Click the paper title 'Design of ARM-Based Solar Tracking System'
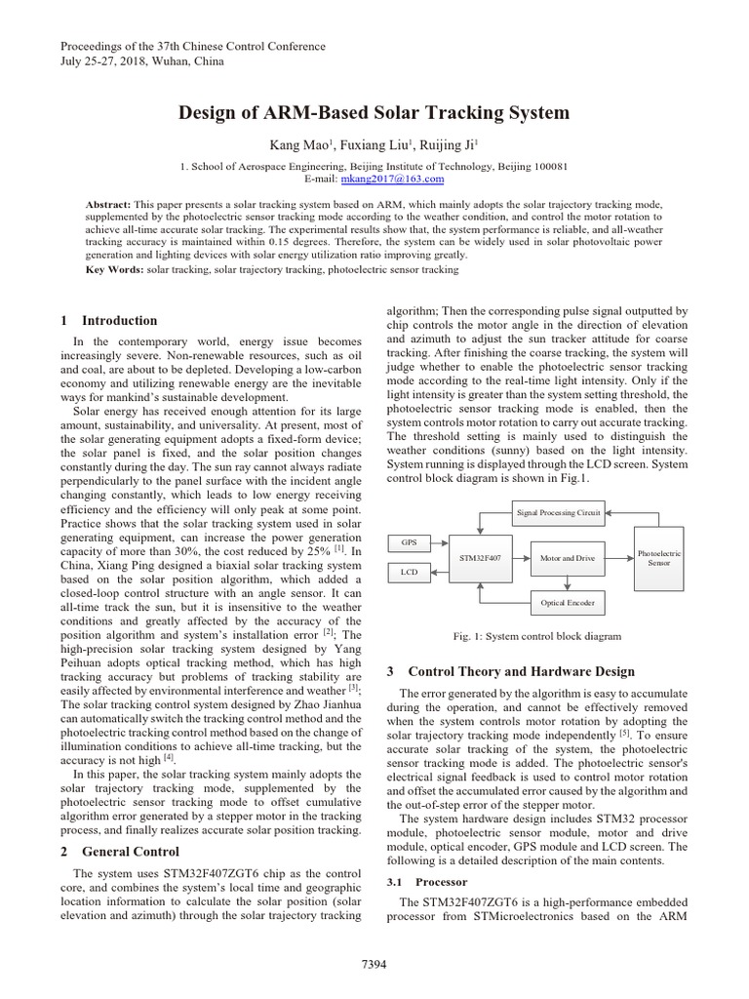coord(374,113)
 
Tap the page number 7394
coord(374,965)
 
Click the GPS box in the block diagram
coord(409,541)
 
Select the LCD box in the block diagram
coord(409,573)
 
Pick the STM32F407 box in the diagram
coord(477,557)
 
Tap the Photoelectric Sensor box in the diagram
coord(659,557)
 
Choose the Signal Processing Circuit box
coord(558,510)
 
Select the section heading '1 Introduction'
coord(108,321)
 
